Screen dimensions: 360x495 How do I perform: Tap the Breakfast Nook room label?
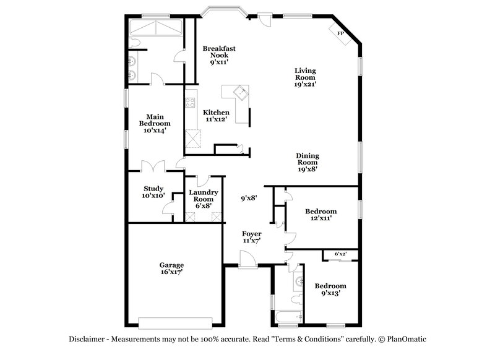point(219,54)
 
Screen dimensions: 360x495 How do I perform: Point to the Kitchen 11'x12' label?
point(217,116)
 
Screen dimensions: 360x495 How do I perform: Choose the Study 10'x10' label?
point(153,192)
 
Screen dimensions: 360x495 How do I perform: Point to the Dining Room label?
point(308,162)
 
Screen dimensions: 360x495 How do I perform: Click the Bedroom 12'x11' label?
point(321,215)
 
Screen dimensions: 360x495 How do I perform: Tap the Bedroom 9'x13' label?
point(330,289)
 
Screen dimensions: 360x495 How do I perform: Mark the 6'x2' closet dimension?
point(340,254)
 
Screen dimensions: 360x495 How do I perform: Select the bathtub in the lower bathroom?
point(287,317)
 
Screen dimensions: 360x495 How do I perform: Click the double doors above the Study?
point(153,167)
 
